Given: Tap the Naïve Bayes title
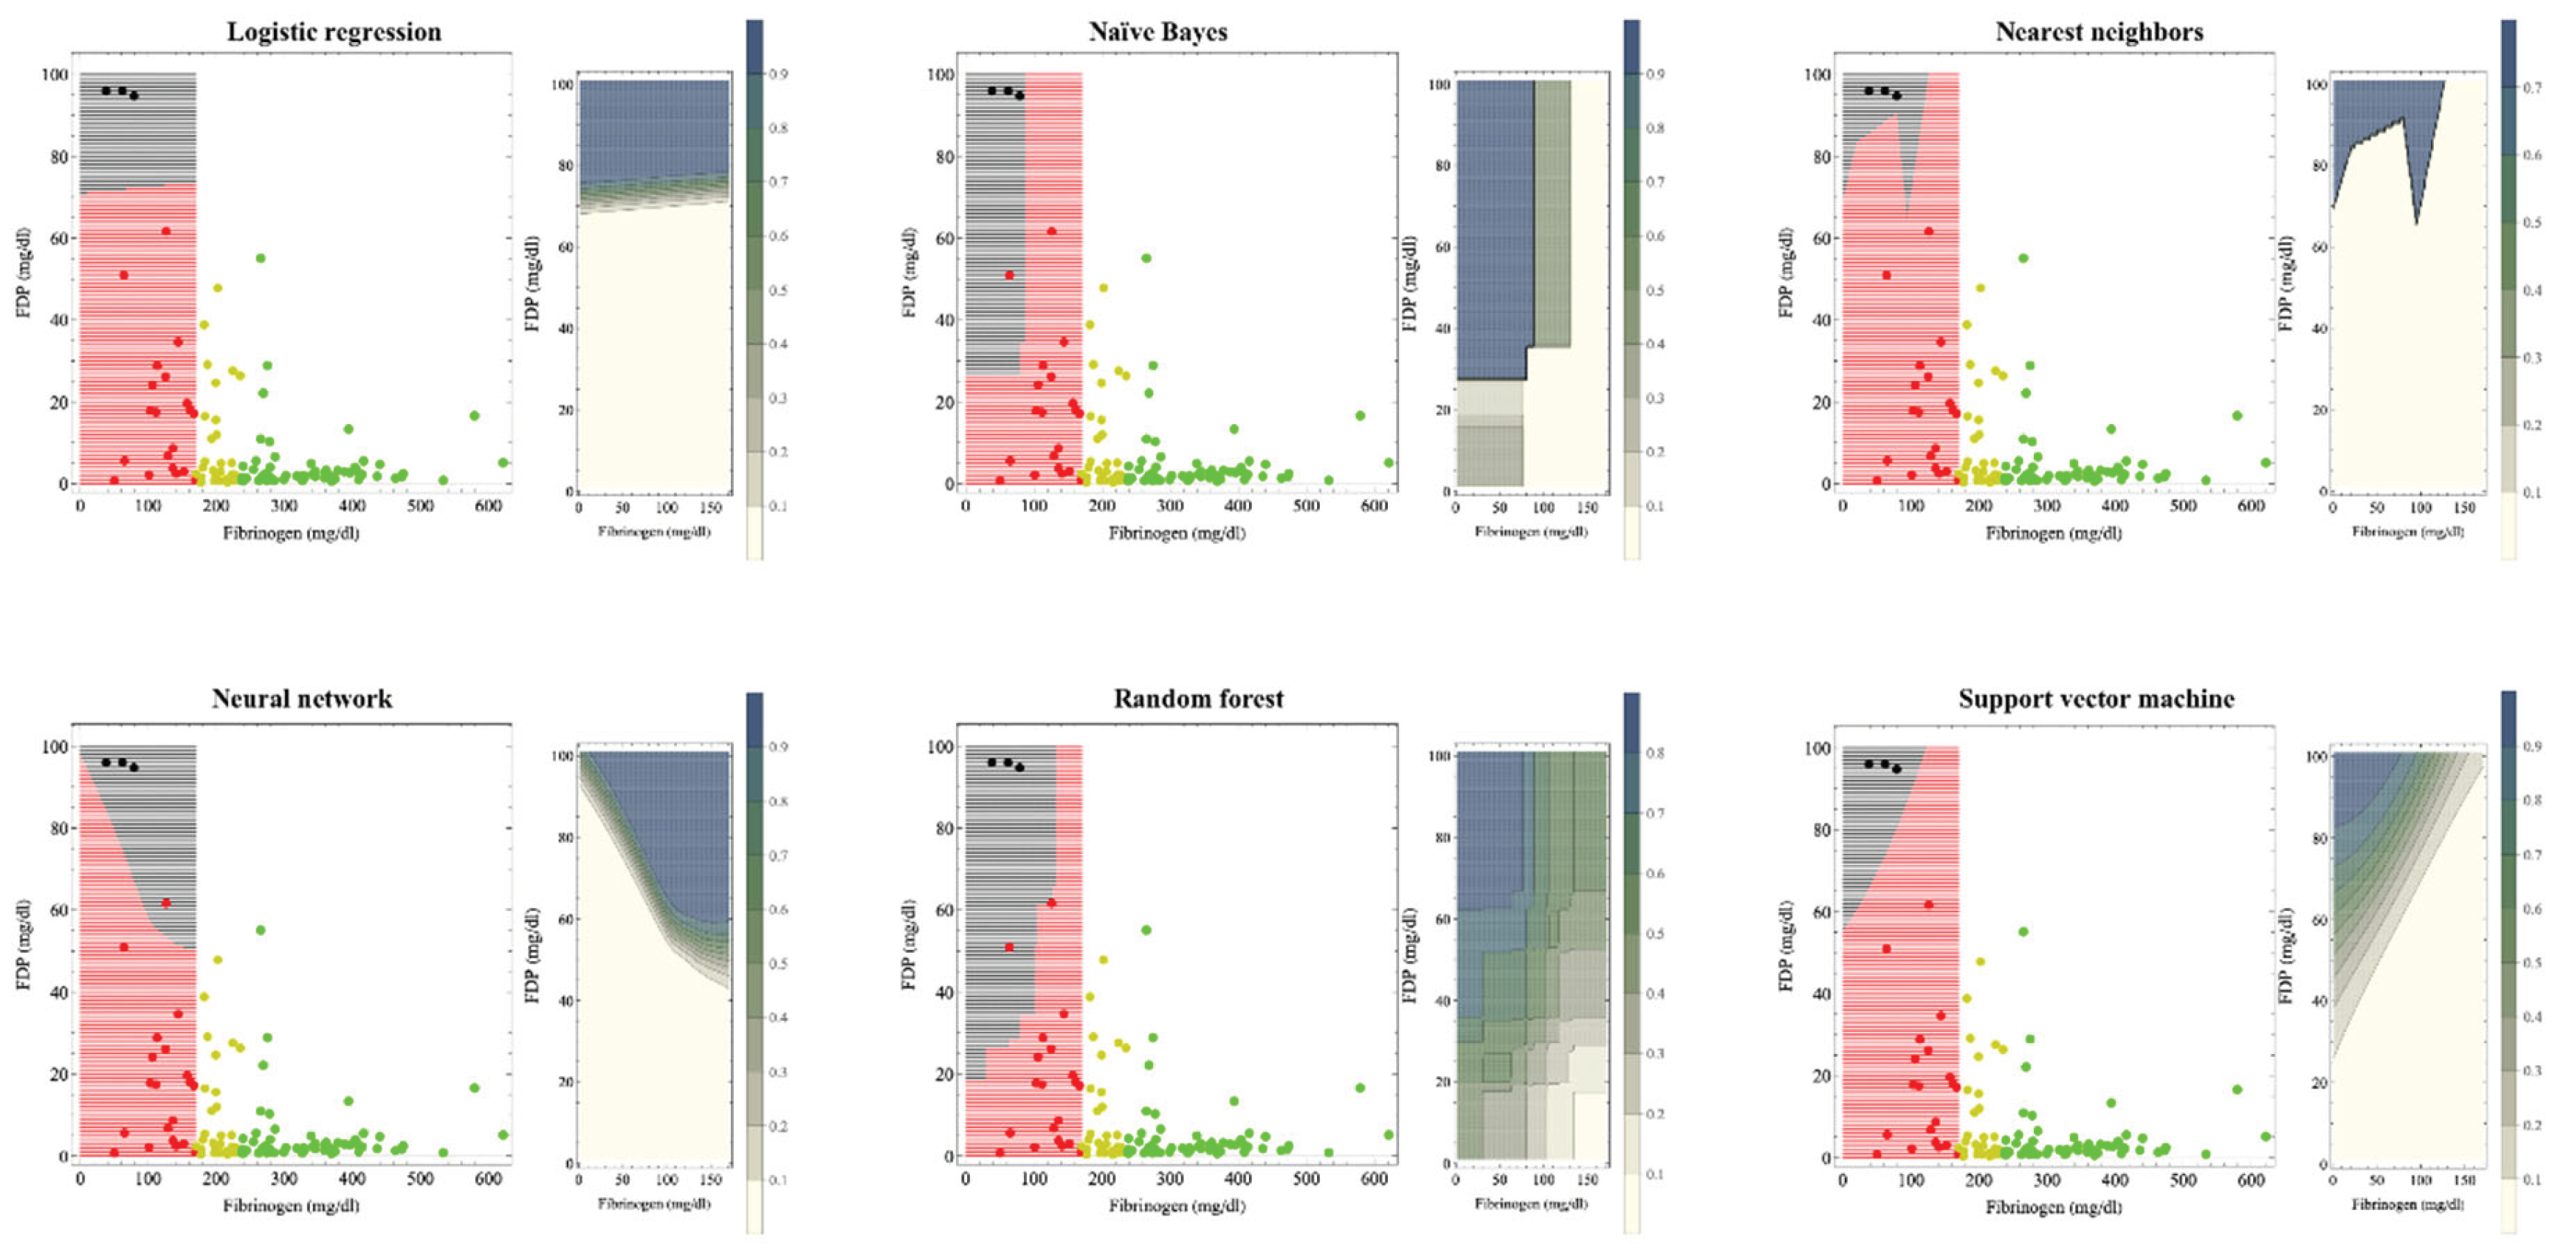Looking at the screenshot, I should click(1157, 32).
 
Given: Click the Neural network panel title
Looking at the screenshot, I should click(301, 698).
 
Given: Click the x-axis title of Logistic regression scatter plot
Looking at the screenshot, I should click(290, 533).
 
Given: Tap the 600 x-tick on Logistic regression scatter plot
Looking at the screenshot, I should click(488, 506).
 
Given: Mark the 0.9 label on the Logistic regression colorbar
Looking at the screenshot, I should click(778, 74).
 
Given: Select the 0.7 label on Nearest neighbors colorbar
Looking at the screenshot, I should click(2531, 88).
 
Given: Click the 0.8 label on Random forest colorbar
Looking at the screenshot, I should click(1654, 753).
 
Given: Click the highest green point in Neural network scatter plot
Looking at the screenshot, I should click(261, 930).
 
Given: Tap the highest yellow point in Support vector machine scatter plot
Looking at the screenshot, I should click(1980, 962).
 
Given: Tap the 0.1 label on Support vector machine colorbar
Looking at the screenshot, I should click(2531, 1179).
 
